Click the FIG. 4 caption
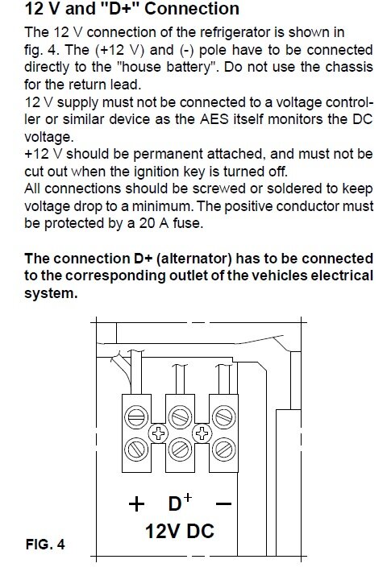pos(45,544)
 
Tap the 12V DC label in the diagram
pos(180,531)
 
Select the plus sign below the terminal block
pos(136,503)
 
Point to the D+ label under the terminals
pos(180,502)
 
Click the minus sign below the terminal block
pos(223,503)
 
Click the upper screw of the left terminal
pos(136,417)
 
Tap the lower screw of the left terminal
pos(136,449)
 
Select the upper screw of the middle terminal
pos(180,417)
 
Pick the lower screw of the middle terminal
pos(180,449)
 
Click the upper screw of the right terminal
pos(224,417)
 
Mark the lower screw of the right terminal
pos(224,449)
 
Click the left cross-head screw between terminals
pos(158,433)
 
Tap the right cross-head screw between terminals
pos(202,433)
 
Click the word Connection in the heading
pos(192,9)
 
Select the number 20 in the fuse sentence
pos(147,223)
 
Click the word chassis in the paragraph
pos(349,67)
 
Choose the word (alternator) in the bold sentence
pos(194,259)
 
